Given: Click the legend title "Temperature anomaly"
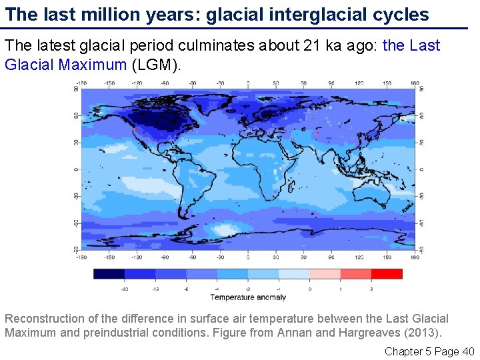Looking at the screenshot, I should coord(248,297).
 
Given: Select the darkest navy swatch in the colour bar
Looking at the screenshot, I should coord(109,273).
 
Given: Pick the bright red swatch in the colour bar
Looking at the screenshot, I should coord(387,273).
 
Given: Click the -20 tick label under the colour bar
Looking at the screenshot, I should coord(124,289).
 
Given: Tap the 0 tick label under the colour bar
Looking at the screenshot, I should coord(309,289).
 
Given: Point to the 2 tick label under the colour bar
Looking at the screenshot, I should coord(371,289).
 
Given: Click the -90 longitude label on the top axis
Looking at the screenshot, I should coord(165,84).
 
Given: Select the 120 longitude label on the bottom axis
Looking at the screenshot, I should coord(359,257).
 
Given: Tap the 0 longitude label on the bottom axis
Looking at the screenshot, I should coord(248,257).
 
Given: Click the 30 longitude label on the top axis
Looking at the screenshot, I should coord(275,84).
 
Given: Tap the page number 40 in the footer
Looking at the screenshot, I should coord(468,351).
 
